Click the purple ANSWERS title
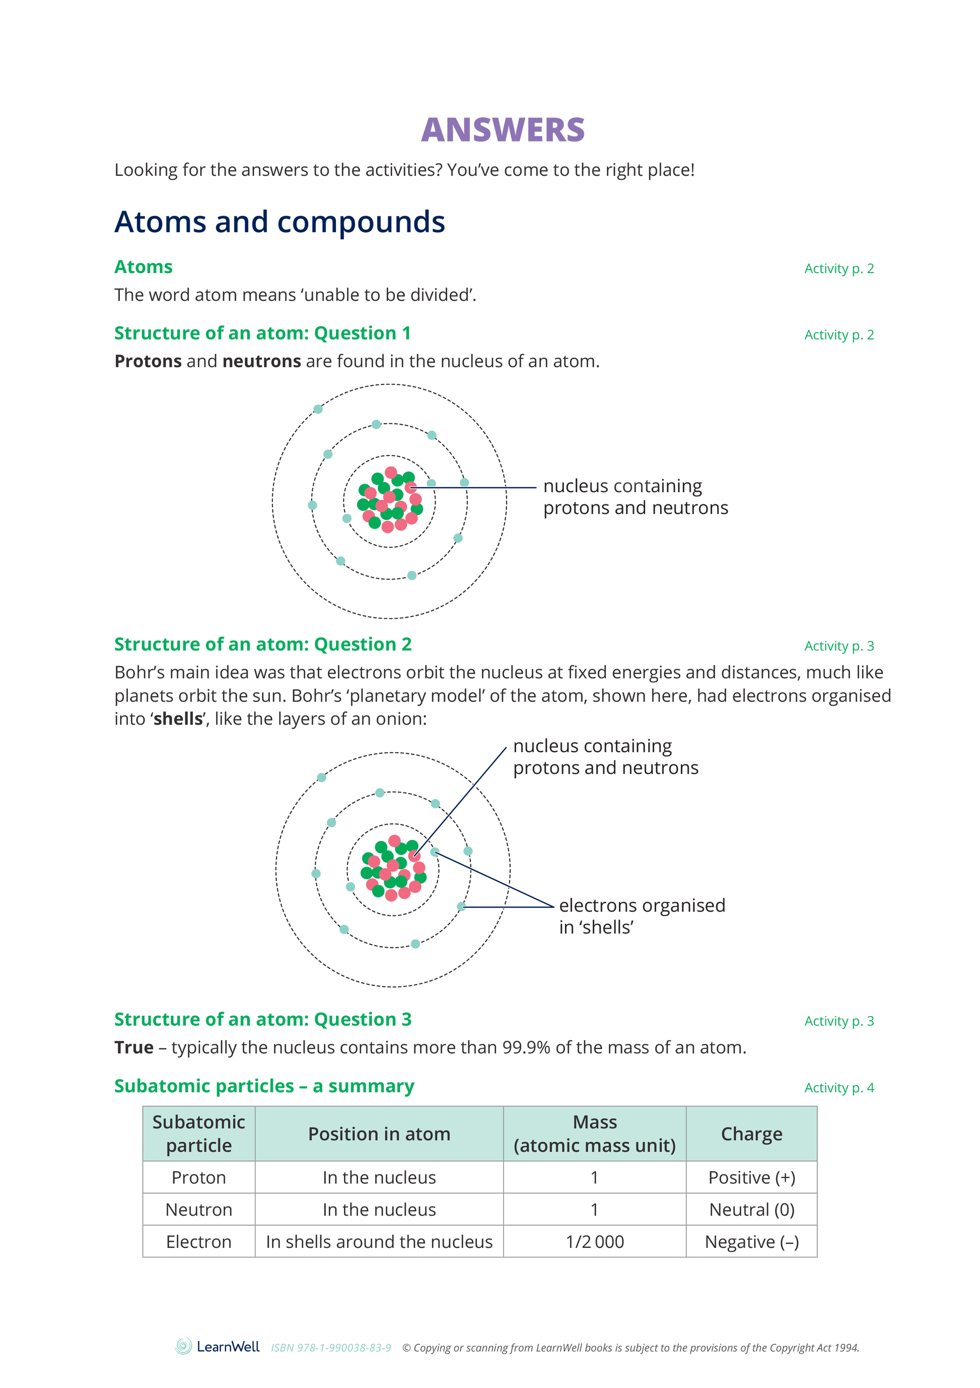tap(503, 130)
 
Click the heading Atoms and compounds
tap(279, 222)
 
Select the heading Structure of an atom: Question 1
tap(262, 333)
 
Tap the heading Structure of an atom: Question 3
tap(263, 1019)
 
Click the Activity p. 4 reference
tap(838, 1088)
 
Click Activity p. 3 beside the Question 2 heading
tap(838, 646)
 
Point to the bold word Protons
tap(148, 361)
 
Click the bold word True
tap(134, 1047)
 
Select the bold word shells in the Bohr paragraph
tap(178, 719)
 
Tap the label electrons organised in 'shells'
tap(642, 916)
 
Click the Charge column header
tap(751, 1134)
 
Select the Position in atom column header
tap(379, 1134)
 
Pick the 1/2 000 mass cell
tap(595, 1242)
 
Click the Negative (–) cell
tap(751, 1242)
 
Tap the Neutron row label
tap(199, 1210)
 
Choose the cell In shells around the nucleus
tap(379, 1242)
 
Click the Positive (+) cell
tap(751, 1177)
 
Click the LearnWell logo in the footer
tap(218, 1346)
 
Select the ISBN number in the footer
tap(330, 1348)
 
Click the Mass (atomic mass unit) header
tap(595, 1134)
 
